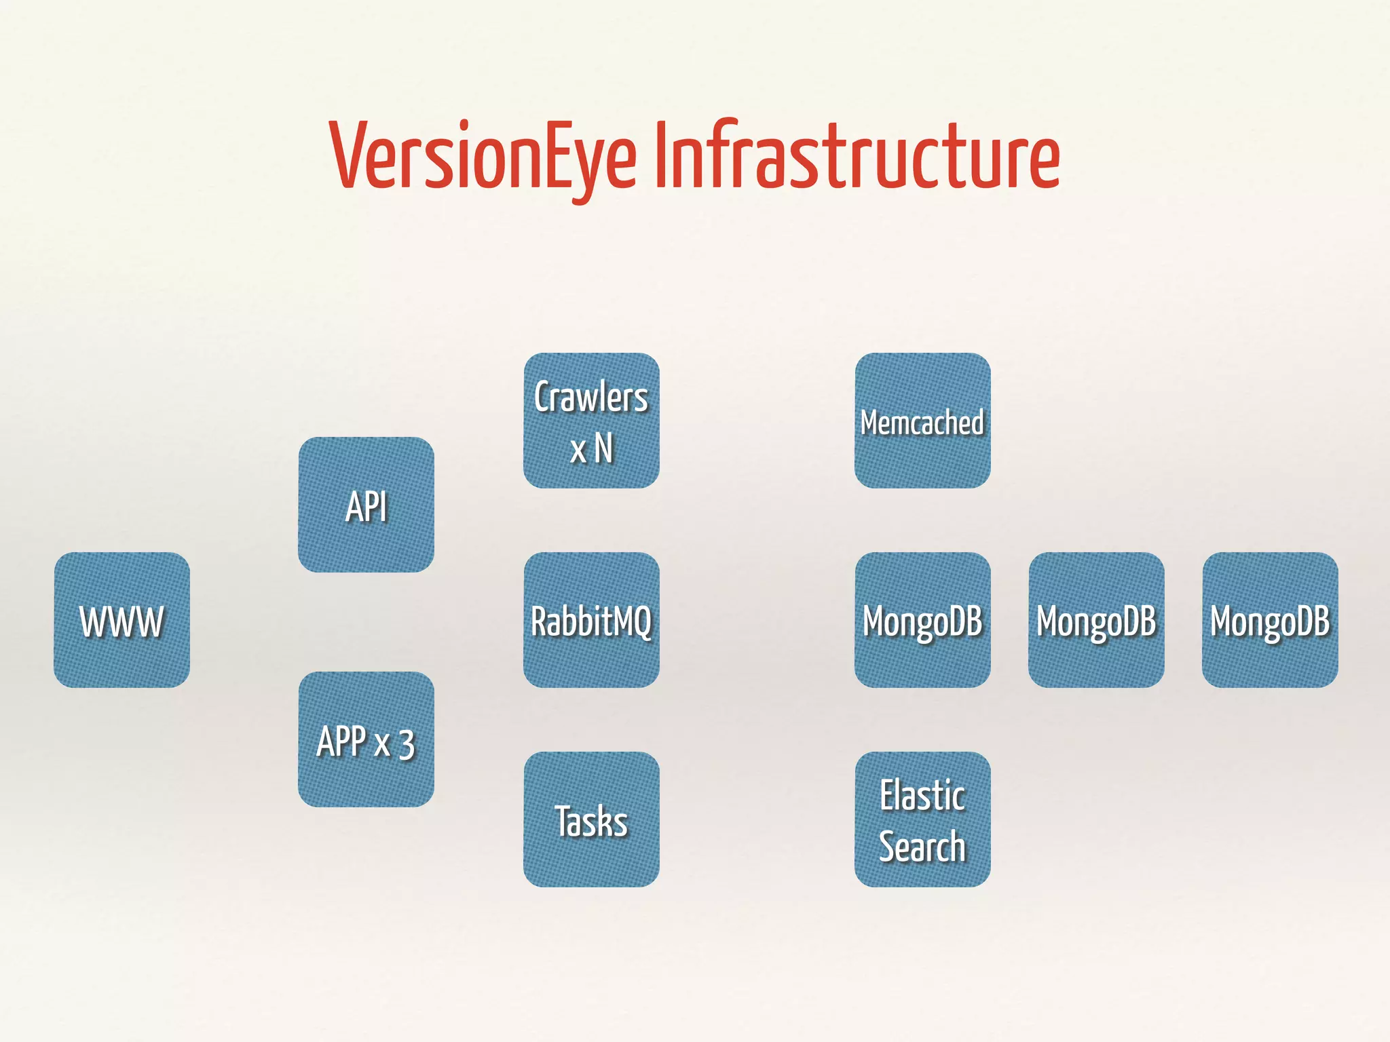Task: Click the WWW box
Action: tap(121, 620)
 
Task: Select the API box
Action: tap(366, 505)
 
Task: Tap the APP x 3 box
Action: tap(366, 739)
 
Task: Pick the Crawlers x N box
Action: tap(591, 421)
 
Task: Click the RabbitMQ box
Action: tap(591, 620)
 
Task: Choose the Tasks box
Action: tap(591, 819)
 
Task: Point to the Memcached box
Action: tap(922, 421)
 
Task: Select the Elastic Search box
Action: tap(922, 819)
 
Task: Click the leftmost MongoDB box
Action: tap(922, 620)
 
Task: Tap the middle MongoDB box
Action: tap(1096, 620)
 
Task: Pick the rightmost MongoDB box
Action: tap(1270, 620)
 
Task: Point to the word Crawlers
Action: tap(591, 398)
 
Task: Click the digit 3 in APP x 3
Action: tap(407, 744)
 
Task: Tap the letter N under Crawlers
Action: tap(603, 448)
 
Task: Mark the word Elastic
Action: tap(922, 795)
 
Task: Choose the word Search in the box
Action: tap(922, 847)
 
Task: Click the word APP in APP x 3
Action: tap(341, 741)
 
